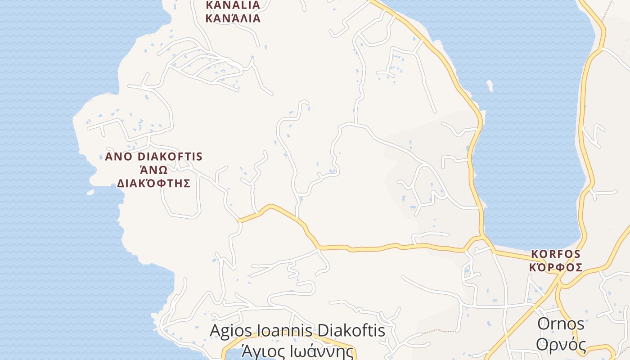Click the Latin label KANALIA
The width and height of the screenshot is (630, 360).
coord(233,5)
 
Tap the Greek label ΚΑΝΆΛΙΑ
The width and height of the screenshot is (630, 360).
coord(233,18)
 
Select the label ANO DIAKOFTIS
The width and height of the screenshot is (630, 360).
coord(153,157)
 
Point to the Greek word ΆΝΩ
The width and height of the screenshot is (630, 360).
coord(153,170)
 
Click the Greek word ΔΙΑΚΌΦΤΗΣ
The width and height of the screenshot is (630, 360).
coord(153,183)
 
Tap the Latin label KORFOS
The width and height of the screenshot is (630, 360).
coord(556,253)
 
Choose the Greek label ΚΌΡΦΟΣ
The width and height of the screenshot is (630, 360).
coord(556,267)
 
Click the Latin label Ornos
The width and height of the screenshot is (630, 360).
coord(561,324)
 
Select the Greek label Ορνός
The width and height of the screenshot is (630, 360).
coord(561,345)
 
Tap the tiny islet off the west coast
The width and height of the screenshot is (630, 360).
coord(90,192)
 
